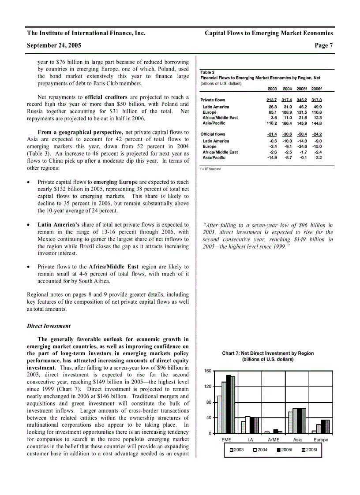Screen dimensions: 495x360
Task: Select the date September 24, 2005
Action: pyautogui.click(x=54, y=45)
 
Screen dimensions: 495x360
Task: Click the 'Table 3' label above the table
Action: pyautogui.click(x=207, y=72)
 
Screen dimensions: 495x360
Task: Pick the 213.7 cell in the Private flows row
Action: pyautogui.click(x=271, y=100)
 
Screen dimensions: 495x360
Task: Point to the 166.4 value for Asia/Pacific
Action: pyautogui.click(x=287, y=123)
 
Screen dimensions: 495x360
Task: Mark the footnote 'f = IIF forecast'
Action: pyautogui.click(x=211, y=169)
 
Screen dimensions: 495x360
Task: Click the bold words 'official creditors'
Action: pyautogui.click(x=106, y=97)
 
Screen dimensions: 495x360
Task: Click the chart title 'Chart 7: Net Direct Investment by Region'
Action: pyautogui.click(x=268, y=354)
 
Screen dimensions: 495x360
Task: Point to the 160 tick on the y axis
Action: pyautogui.click(x=207, y=371)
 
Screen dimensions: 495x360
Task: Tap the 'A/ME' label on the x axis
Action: pyautogui.click(x=274, y=440)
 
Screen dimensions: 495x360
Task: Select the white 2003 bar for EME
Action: pyautogui.click(x=220, y=414)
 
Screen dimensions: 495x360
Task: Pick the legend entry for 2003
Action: pyautogui.click(x=236, y=450)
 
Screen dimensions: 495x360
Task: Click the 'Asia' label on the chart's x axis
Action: pyautogui.click(x=297, y=440)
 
